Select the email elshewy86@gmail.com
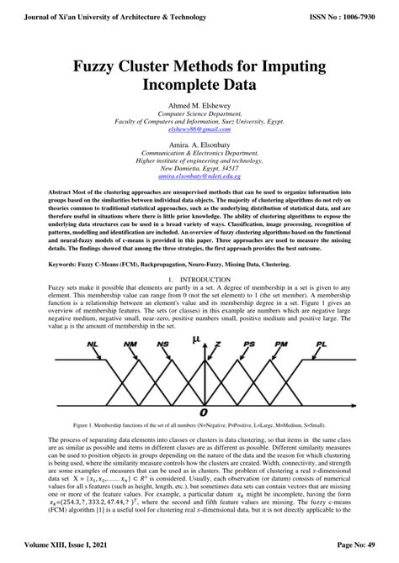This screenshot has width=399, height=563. [x=199, y=129]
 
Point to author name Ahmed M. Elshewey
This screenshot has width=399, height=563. [x=199, y=105]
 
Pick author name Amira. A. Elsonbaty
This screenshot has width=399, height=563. [x=199, y=145]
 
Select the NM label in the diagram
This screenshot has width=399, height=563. [x=130, y=345]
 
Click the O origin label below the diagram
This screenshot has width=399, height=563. [x=203, y=413]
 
